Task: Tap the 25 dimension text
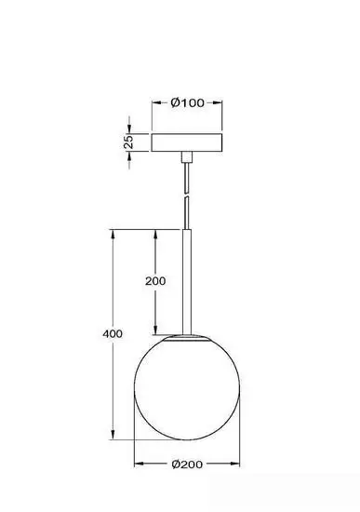click(x=129, y=141)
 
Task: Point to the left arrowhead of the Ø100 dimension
click(x=155, y=103)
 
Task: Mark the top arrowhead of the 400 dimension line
click(x=113, y=232)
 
